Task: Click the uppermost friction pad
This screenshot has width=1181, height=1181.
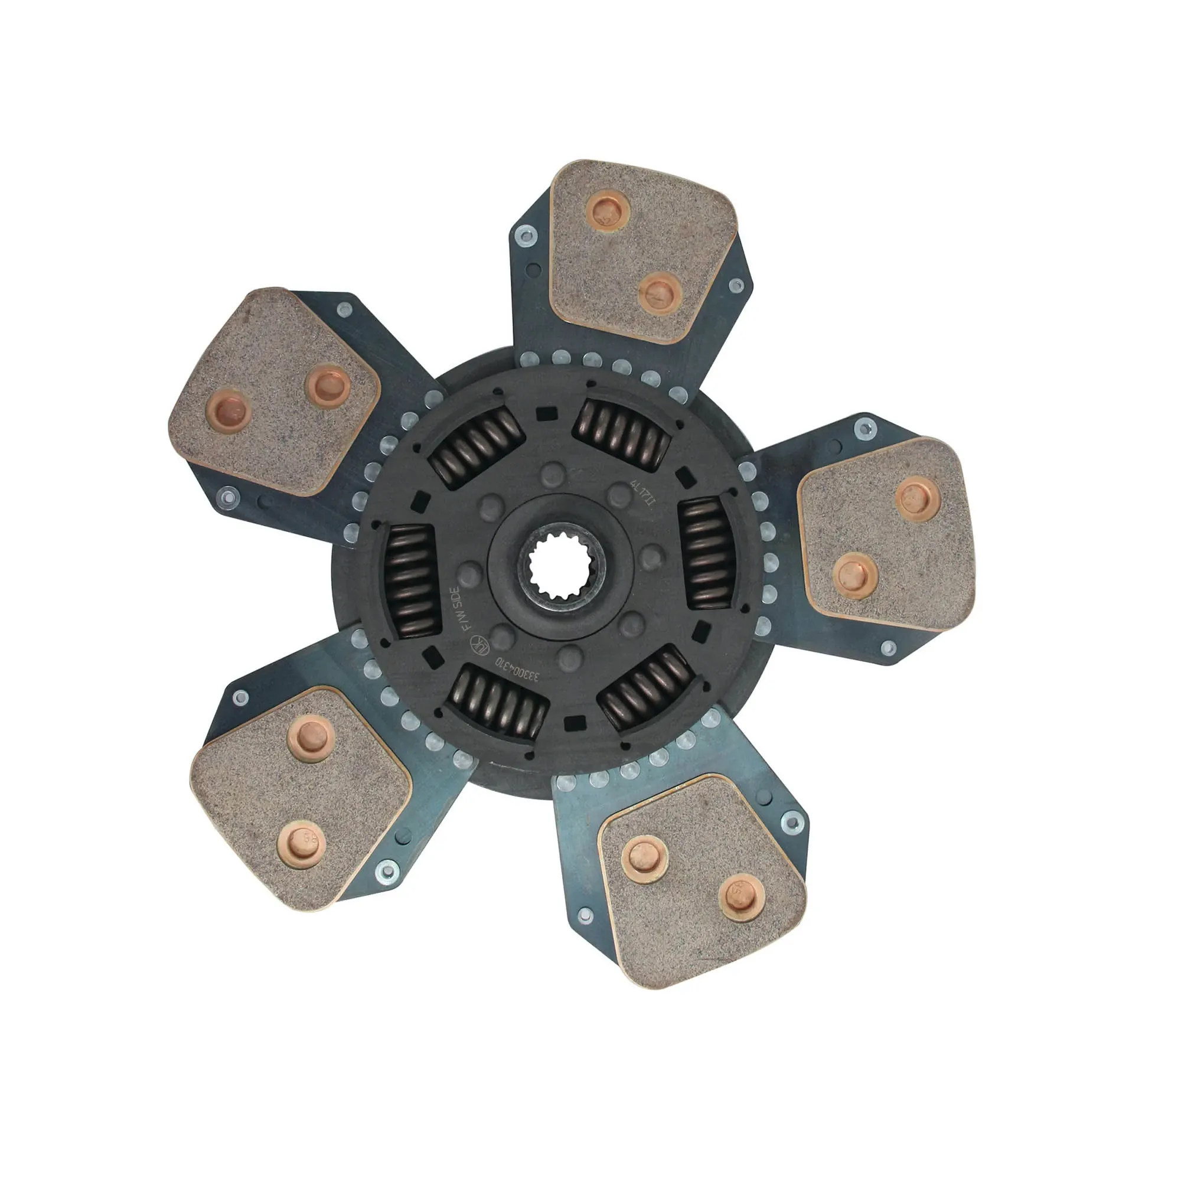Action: click(641, 250)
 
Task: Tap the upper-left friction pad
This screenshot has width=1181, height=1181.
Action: click(274, 392)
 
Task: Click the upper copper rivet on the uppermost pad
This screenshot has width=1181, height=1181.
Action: click(607, 210)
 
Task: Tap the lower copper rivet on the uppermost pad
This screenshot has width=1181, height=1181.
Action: click(660, 293)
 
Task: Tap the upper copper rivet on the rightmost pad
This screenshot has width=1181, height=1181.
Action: click(918, 498)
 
